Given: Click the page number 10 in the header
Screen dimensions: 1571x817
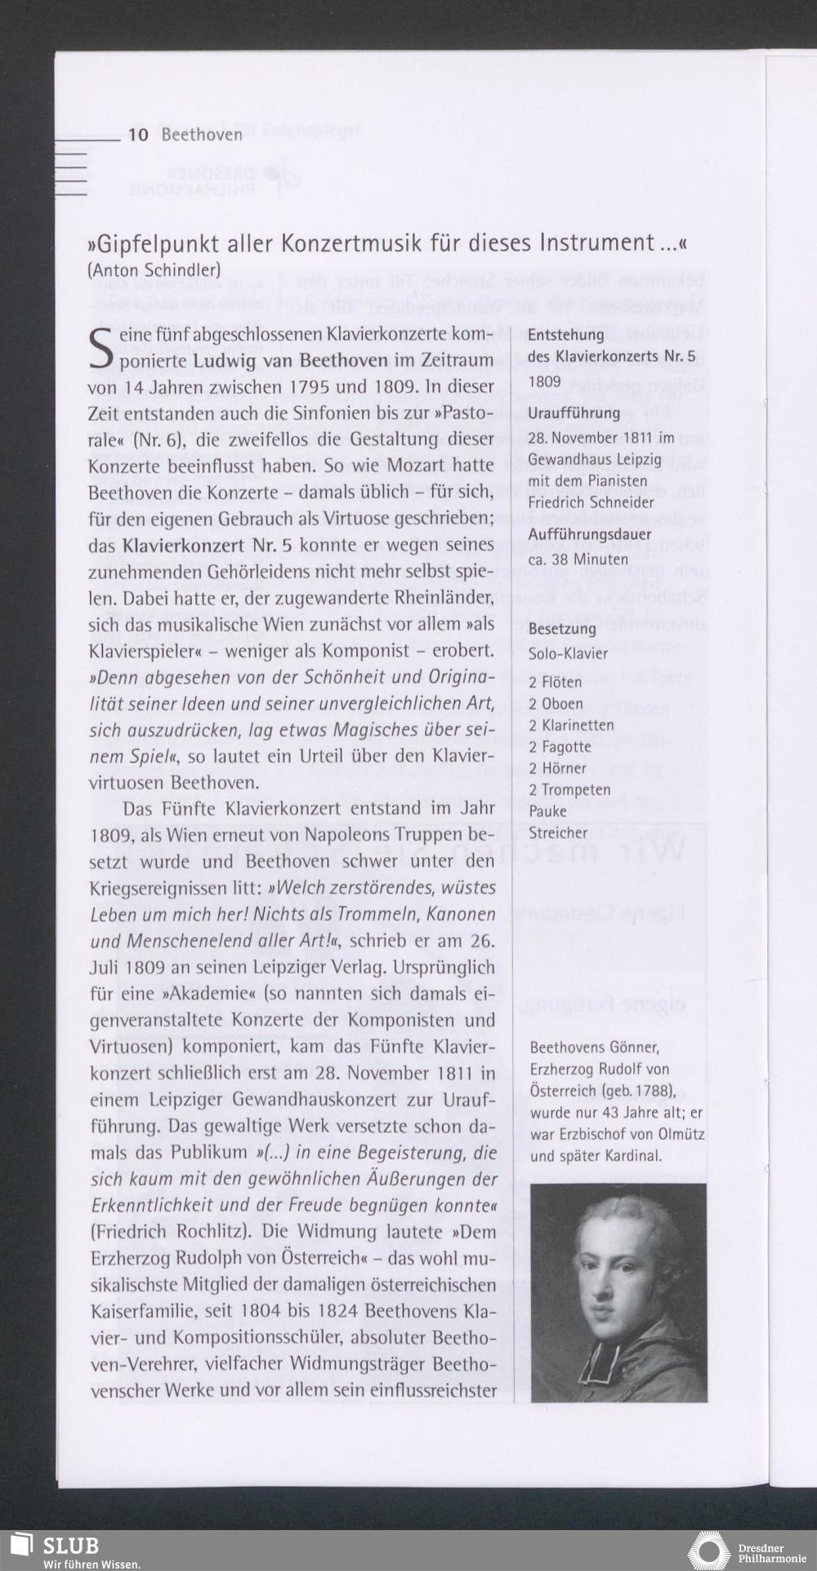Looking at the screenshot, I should [x=138, y=134].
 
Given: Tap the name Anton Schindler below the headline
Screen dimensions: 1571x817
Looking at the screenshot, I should [x=154, y=270].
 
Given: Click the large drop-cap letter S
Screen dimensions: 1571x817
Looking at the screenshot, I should [x=101, y=346].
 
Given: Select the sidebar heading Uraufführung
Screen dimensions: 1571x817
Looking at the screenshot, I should [x=574, y=413].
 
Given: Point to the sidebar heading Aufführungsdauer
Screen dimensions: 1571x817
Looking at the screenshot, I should [x=590, y=535].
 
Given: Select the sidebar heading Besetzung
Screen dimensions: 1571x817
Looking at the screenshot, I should [x=561, y=629].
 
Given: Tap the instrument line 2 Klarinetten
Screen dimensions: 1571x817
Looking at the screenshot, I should [x=570, y=725].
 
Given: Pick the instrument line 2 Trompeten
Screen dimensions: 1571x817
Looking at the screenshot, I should [x=569, y=790].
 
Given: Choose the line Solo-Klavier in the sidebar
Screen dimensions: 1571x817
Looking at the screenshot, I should [x=568, y=654].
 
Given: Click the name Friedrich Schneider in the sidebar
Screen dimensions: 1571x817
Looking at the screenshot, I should [x=590, y=502].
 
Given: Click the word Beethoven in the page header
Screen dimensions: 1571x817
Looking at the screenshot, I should [x=202, y=135].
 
